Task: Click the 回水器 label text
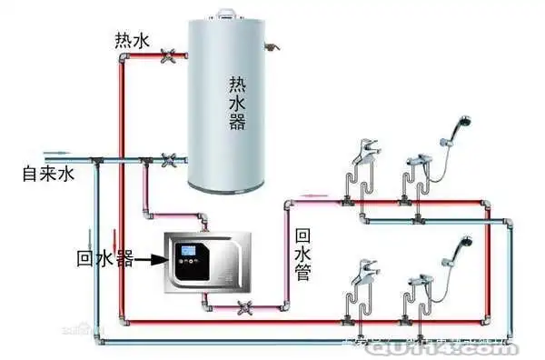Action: [x=104, y=260]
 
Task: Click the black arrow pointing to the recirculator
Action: [x=151, y=260]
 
